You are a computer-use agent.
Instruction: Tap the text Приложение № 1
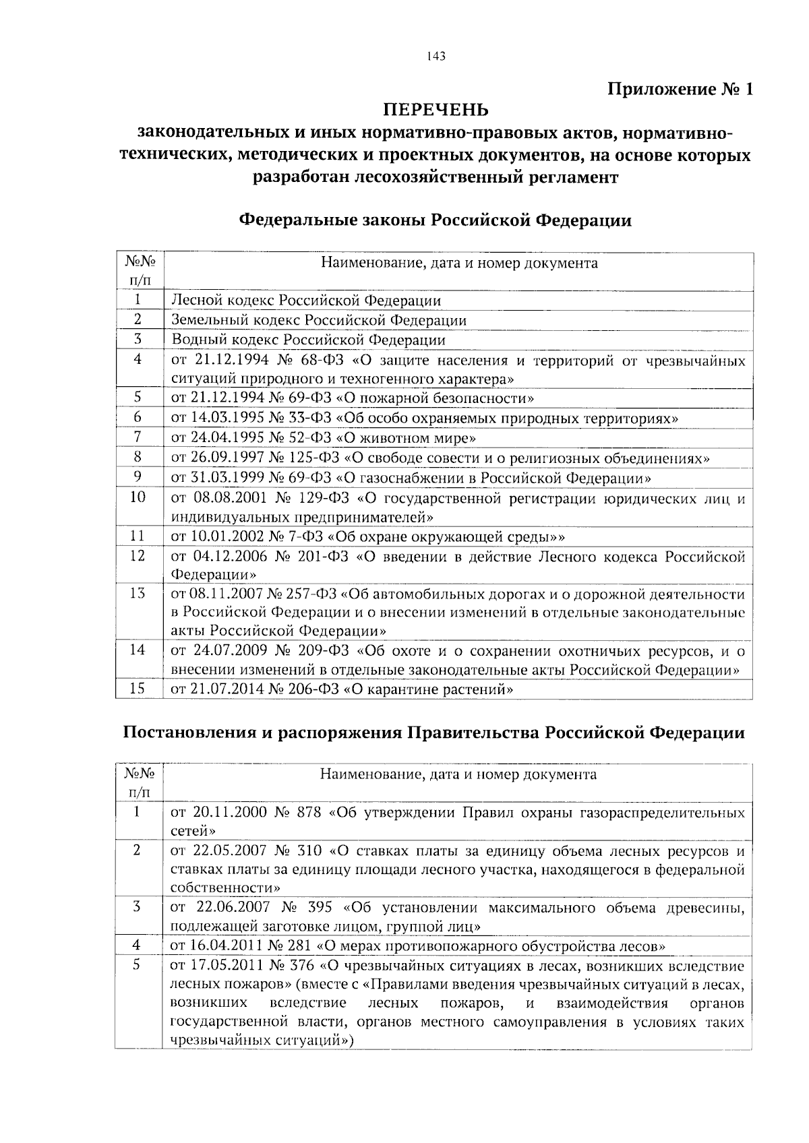point(680,90)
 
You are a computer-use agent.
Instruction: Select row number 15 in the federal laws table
point(138,689)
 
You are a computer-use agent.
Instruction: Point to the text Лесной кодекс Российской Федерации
point(306,301)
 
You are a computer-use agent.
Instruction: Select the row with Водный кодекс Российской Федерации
point(308,340)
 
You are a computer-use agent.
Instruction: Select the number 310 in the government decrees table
point(308,851)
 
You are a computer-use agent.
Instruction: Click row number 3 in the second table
point(137,907)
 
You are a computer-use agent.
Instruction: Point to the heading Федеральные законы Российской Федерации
point(436,220)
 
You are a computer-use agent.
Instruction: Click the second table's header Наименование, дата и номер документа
point(458,774)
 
